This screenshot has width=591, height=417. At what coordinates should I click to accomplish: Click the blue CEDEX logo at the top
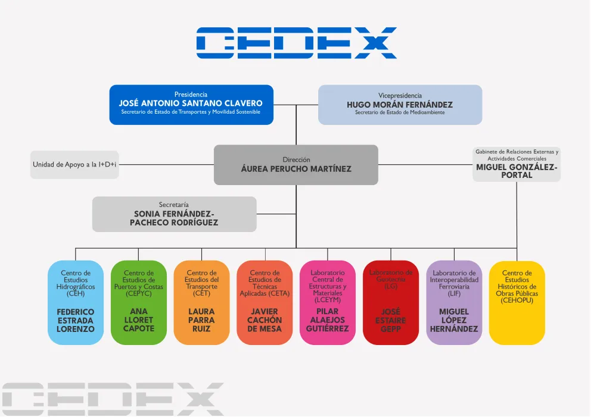(x=296, y=42)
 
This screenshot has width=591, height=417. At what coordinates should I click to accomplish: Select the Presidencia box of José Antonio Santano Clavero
(x=191, y=105)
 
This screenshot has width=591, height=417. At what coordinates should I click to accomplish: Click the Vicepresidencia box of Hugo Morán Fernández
(x=400, y=105)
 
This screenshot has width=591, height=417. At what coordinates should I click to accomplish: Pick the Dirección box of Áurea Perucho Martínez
(x=296, y=165)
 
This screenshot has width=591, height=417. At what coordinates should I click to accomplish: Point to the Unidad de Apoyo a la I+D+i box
(x=74, y=165)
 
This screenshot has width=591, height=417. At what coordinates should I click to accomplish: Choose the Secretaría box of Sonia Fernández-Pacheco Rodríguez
(x=175, y=214)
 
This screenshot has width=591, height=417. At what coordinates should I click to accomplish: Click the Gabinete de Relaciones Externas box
(x=517, y=164)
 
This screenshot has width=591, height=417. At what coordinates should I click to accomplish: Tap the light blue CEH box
(x=76, y=302)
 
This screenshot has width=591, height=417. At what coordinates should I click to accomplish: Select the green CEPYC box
(x=139, y=302)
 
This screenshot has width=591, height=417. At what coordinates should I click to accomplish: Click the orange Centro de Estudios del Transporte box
(x=201, y=302)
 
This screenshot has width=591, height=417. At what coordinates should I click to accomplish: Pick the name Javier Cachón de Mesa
(x=265, y=320)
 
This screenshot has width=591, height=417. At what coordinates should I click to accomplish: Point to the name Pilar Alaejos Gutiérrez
(x=328, y=320)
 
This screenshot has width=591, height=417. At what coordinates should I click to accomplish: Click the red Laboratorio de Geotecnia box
(x=391, y=302)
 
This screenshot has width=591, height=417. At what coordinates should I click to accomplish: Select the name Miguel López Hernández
(x=454, y=320)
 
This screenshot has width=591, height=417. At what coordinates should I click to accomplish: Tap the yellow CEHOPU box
(x=517, y=302)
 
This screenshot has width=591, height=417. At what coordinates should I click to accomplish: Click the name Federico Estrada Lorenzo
(x=76, y=320)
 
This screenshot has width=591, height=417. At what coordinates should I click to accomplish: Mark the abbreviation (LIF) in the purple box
(x=454, y=294)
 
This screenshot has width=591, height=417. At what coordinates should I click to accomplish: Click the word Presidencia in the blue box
(x=191, y=95)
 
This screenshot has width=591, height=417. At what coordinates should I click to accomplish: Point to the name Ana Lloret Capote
(x=139, y=320)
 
